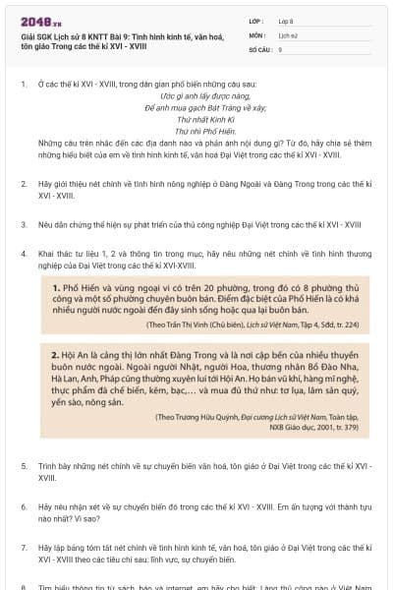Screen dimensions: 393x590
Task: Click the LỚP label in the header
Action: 257,19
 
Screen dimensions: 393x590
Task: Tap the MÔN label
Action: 257,33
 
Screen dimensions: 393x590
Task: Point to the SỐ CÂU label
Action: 260,48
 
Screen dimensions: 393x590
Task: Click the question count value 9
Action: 281,48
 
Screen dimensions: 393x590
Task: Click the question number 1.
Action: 24,84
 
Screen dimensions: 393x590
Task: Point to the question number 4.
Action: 24,253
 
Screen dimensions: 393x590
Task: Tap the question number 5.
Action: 24,463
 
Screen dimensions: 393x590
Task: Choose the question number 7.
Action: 24,545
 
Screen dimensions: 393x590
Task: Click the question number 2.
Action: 24,183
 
